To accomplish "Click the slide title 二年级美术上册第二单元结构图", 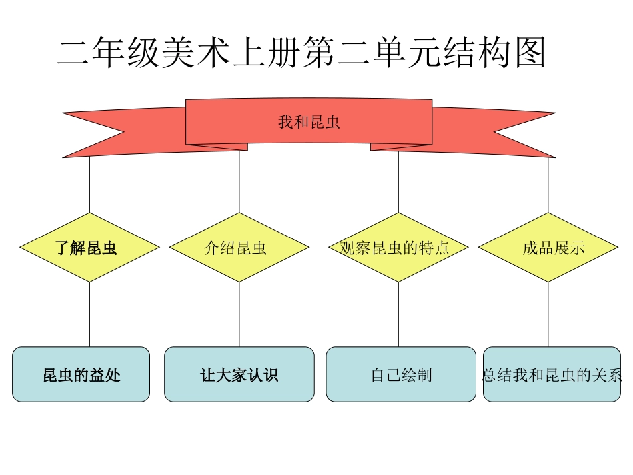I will coord(301,53).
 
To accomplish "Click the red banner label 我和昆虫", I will coord(309,122).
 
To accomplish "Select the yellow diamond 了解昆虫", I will coord(89,248).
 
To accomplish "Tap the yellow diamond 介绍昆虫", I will coord(239,248).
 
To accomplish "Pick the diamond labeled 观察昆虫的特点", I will coord(398,248).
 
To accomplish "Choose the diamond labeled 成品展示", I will coord(548,248).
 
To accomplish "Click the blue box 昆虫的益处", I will coord(81,374).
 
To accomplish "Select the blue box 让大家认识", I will coord(239,374).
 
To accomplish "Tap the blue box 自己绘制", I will coord(401,374).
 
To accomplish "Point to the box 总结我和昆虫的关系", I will coord(552,374).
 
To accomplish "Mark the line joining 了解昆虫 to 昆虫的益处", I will coord(89,314).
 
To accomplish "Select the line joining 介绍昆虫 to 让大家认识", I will coord(239,314).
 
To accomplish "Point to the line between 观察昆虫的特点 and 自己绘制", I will coord(398,314).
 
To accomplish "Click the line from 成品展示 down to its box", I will coord(548,314).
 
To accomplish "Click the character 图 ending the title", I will coord(530,53).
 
